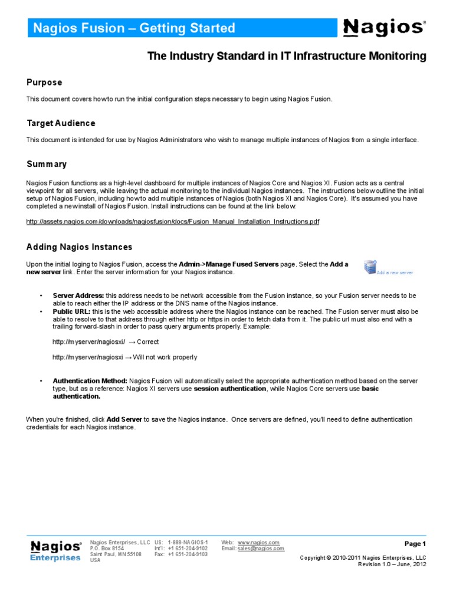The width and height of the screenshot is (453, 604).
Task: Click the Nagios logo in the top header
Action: tap(383, 27)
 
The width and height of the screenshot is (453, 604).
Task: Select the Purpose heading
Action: tap(44, 83)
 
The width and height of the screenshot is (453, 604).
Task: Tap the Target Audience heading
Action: tap(61, 123)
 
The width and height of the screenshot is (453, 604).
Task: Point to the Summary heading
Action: tap(47, 164)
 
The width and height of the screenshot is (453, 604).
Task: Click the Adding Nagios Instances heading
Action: tap(80, 247)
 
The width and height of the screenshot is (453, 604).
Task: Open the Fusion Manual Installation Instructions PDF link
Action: tap(173, 221)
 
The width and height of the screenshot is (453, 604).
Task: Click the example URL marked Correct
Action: tap(88, 342)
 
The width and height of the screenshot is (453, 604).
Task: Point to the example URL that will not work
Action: tap(87, 357)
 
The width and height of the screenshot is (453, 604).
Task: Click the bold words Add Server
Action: tap(124, 419)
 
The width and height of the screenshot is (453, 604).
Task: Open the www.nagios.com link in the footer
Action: tap(258, 542)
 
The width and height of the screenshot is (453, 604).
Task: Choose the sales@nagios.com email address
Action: tap(261, 549)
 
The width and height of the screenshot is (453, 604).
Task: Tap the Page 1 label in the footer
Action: tap(415, 544)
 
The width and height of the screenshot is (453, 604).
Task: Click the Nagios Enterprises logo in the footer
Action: tap(55, 551)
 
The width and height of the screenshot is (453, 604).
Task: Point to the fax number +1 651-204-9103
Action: tap(188, 554)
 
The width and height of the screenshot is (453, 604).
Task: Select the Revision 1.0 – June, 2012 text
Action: tap(392, 564)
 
